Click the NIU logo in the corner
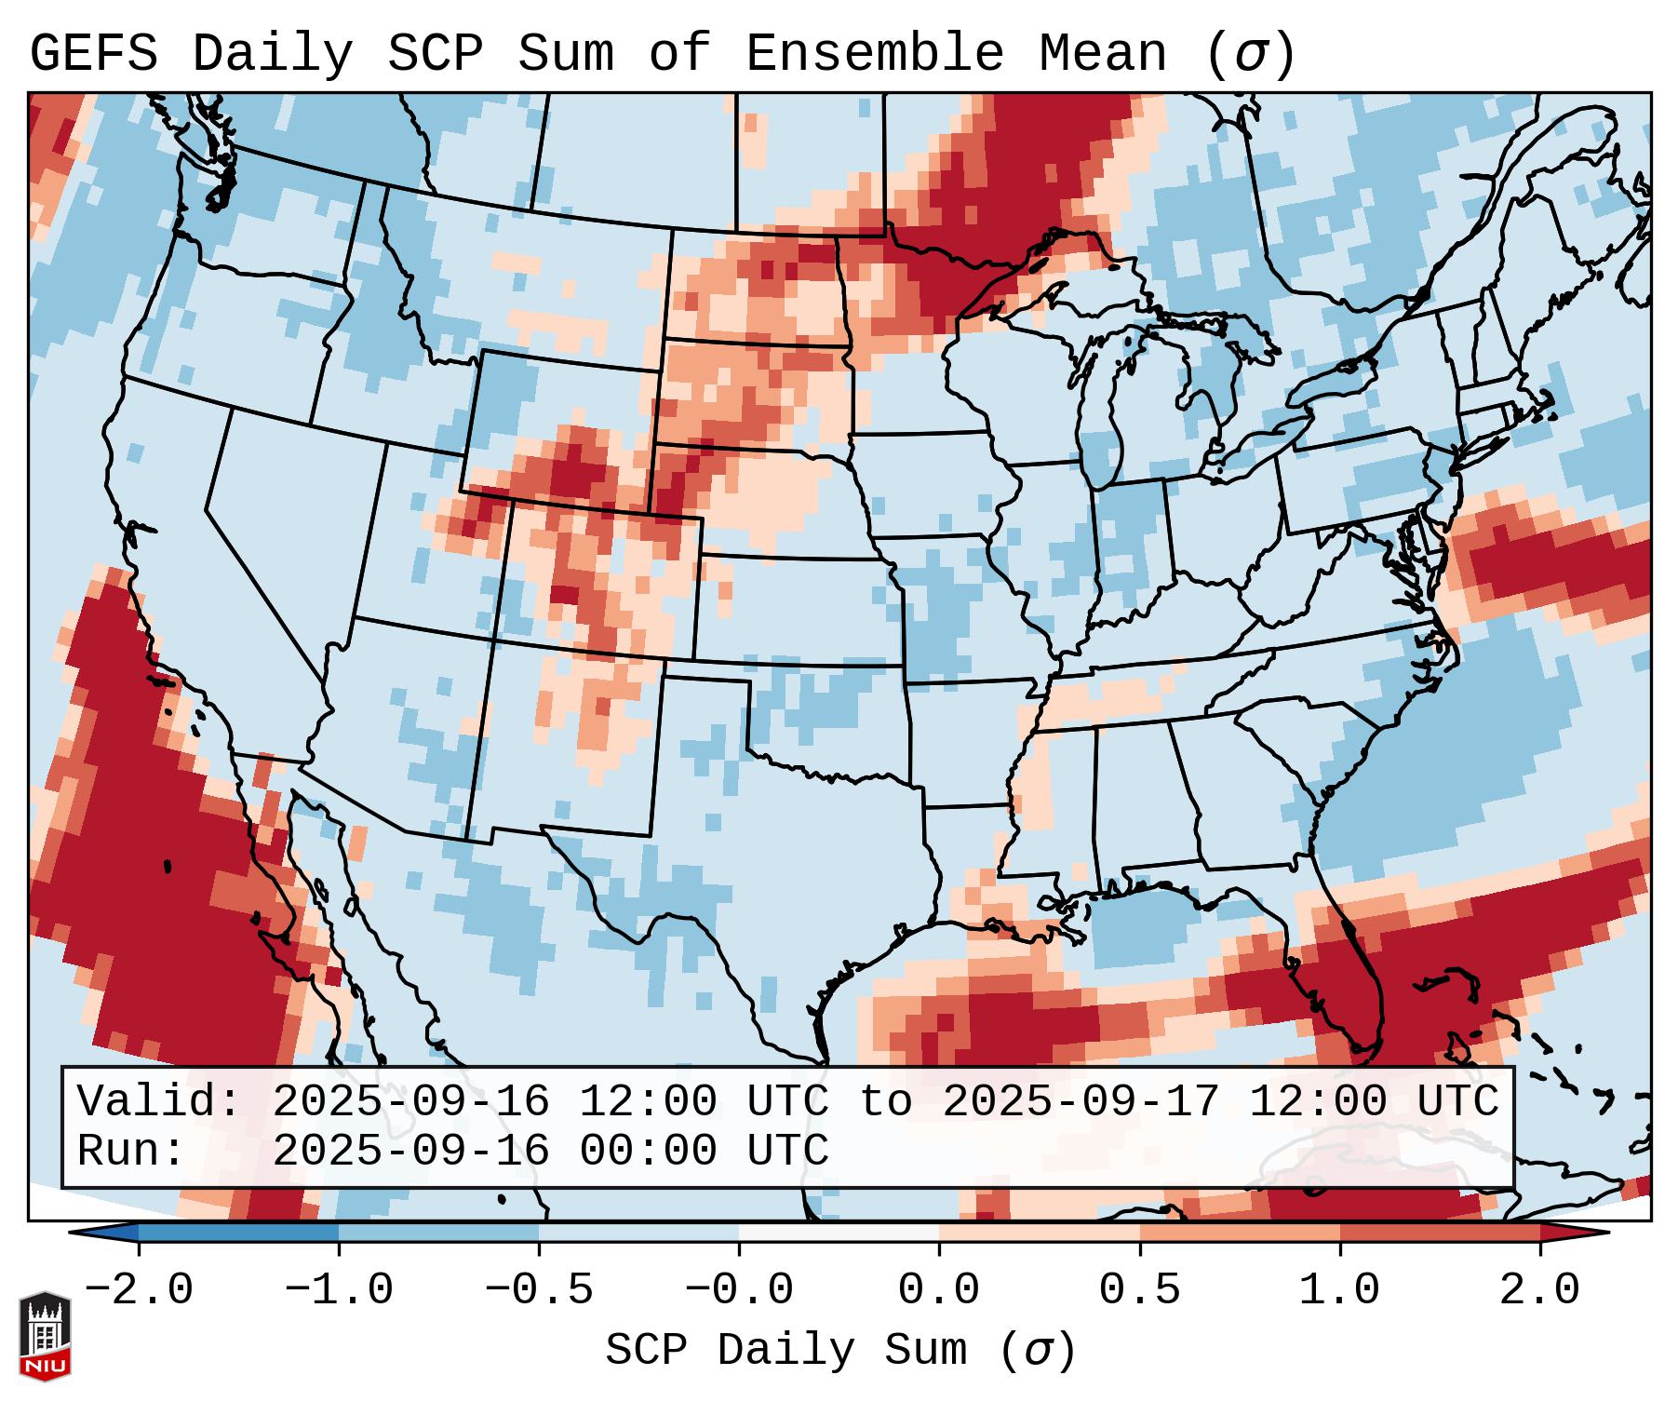(45, 1336)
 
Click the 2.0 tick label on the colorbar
(1539, 1290)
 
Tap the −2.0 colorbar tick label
(139, 1290)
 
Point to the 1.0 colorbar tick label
(1339, 1290)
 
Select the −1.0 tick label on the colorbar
(339, 1290)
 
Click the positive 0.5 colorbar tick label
(1139, 1290)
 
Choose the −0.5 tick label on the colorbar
(539, 1290)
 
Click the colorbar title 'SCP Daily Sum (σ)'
(840, 1351)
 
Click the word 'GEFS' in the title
(94, 53)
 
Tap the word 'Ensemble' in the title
(875, 53)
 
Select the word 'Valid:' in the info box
(159, 1102)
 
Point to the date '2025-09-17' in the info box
(1081, 1102)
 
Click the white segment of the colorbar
(839, 1233)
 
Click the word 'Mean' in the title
(1103, 53)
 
